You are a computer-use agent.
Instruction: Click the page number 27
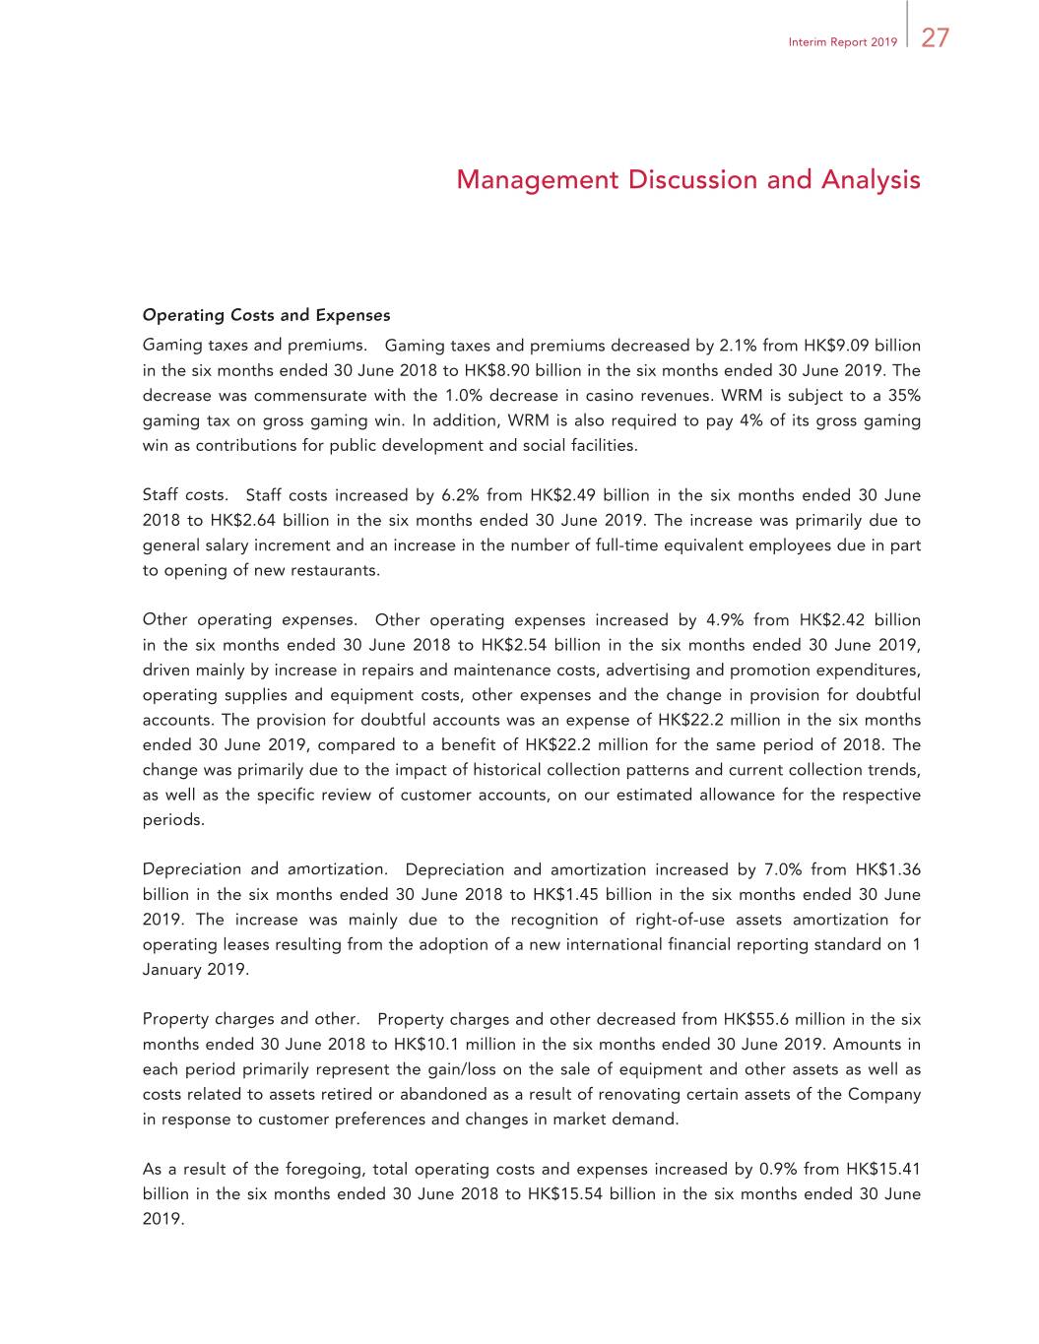pyautogui.click(x=935, y=38)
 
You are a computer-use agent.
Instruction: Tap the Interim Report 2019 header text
pyautogui.click(x=842, y=42)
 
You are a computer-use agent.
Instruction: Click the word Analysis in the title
pyautogui.click(x=871, y=180)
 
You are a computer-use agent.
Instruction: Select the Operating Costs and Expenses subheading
pyautogui.click(x=266, y=315)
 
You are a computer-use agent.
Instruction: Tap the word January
pyautogui.click(x=172, y=970)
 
